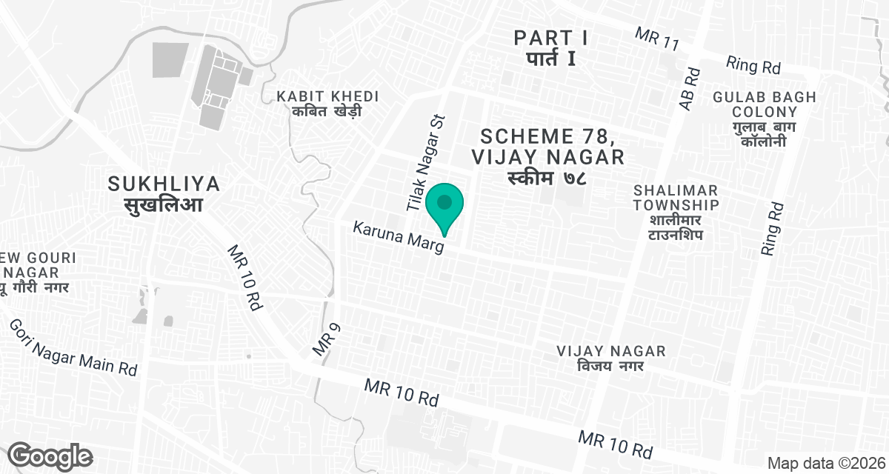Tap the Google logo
(50, 455)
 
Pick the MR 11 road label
(657, 39)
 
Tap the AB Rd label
(689, 90)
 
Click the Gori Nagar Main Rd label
(73, 348)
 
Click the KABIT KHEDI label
(327, 97)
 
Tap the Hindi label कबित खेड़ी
(327, 112)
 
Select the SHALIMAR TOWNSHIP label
(676, 197)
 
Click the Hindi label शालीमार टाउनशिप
(676, 227)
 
